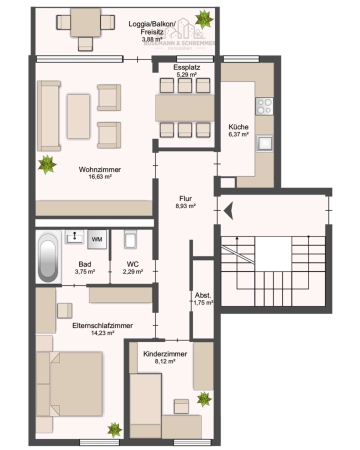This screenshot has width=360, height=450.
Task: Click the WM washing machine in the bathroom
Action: coord(97,239)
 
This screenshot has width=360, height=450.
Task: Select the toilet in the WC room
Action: coord(130,239)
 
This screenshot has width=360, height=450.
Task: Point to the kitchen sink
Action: coord(264,143)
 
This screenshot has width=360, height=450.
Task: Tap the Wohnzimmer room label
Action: coord(100,169)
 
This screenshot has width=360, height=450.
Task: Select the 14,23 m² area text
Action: coord(103,333)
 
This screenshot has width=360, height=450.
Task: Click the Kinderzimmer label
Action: coord(165,354)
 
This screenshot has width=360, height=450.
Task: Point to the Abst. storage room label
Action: coord(203,295)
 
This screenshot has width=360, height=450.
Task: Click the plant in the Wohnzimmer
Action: coord(47,164)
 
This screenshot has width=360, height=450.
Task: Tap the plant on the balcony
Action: coord(204,19)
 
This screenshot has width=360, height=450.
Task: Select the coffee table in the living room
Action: coord(78,116)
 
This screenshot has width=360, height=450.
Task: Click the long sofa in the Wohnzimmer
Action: coord(49,116)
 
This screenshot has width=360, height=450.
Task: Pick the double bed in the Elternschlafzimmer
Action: coord(69,384)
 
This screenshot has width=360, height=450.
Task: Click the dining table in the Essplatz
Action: coord(184,108)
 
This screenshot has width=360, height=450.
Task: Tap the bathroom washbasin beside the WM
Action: coord(74,237)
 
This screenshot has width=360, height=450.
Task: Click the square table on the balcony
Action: coord(85,22)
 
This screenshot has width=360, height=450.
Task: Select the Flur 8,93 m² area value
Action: coord(185,206)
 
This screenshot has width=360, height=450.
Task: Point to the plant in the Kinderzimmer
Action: coord(204,399)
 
